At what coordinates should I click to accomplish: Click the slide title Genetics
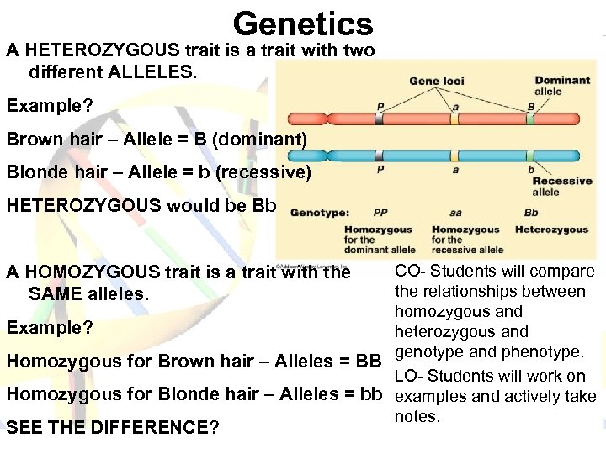point(303,24)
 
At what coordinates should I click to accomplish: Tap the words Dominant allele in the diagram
point(562,85)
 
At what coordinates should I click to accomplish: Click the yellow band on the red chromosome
point(454,119)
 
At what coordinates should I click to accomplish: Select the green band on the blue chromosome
point(531,156)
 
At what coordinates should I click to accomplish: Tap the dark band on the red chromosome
point(380,119)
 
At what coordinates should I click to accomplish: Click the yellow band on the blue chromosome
point(454,156)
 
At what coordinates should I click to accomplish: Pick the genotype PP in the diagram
point(380,213)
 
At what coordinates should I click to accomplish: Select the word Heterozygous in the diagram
point(551,230)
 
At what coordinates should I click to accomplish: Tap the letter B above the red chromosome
point(531,107)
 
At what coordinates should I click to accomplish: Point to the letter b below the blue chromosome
point(531,169)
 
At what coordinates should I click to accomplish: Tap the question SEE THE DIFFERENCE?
point(112,428)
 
